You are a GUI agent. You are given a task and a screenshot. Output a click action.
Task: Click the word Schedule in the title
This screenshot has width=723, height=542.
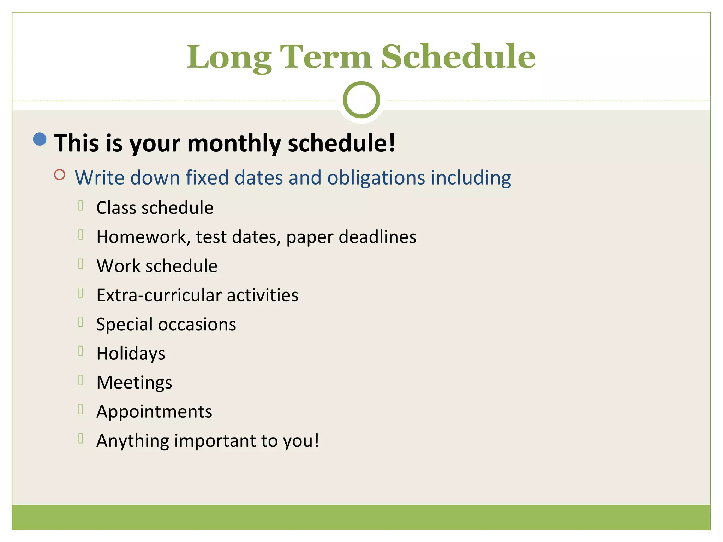pyautogui.click(x=458, y=57)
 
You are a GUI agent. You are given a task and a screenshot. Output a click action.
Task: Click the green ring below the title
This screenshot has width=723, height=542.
pyautogui.click(x=361, y=100)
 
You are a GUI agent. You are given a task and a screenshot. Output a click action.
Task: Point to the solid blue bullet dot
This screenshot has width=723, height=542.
pyautogui.click(x=40, y=139)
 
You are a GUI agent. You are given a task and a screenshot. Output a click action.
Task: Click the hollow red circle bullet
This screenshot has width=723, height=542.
pyautogui.click(x=60, y=175)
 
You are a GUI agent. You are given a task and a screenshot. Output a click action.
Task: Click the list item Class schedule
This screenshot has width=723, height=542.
pyautogui.click(x=155, y=208)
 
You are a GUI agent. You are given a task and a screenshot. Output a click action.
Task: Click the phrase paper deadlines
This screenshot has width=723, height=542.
pyautogui.click(x=351, y=237)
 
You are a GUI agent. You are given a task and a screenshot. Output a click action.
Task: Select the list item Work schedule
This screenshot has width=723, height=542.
pyautogui.click(x=157, y=266)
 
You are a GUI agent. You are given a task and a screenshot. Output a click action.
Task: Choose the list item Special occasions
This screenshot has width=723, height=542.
pyautogui.click(x=166, y=324)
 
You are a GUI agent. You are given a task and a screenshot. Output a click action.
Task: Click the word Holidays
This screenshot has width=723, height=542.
pyautogui.click(x=131, y=354)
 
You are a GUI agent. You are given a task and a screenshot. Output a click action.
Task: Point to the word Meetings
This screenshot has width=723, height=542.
pyautogui.click(x=134, y=383)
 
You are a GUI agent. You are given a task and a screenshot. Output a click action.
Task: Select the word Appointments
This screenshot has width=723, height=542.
pyautogui.click(x=154, y=412)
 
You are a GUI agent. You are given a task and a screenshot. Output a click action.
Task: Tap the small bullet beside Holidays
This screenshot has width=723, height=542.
pyautogui.click(x=80, y=351)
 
